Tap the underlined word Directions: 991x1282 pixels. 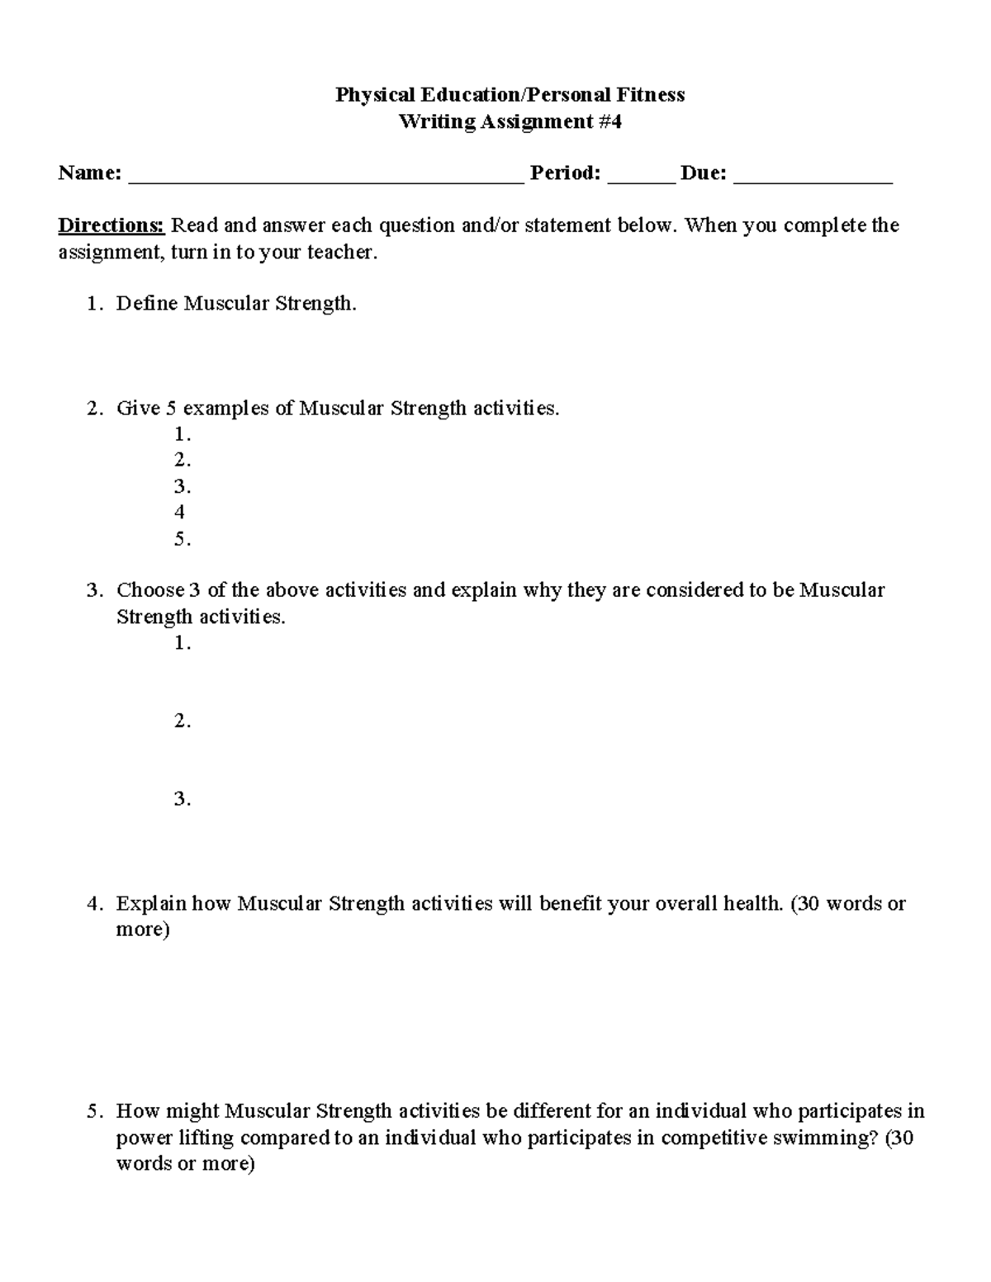(x=111, y=225)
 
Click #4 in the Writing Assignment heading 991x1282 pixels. (x=610, y=122)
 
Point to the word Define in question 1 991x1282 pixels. (x=147, y=304)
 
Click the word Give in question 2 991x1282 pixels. (x=138, y=408)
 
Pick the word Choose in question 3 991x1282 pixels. (x=150, y=590)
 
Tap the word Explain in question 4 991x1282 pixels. (x=152, y=903)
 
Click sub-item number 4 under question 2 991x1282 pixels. (x=179, y=513)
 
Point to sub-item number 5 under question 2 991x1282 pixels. (x=182, y=539)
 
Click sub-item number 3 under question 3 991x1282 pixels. (x=182, y=799)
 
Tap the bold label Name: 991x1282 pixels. (x=89, y=173)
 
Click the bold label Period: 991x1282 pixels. (x=565, y=173)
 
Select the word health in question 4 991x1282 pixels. (x=752, y=903)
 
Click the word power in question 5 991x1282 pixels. (x=145, y=1138)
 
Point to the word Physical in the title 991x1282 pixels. (x=369, y=95)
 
